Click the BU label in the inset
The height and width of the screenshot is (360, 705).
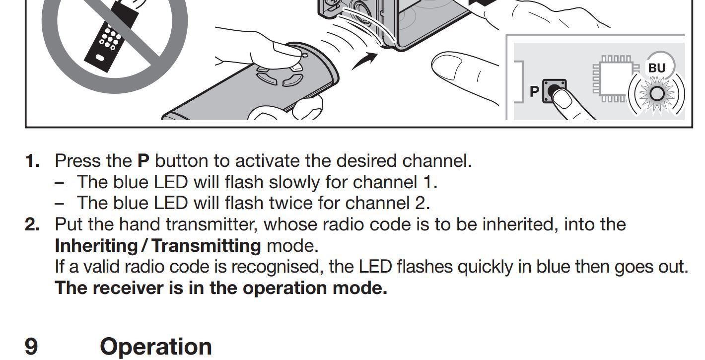click(x=657, y=68)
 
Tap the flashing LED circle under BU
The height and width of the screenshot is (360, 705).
click(x=657, y=94)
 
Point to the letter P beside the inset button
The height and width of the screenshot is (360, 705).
click(x=534, y=91)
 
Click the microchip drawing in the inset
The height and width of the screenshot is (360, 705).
click(x=616, y=78)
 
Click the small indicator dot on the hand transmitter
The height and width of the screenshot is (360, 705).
click(x=304, y=56)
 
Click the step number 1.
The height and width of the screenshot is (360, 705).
click(x=32, y=161)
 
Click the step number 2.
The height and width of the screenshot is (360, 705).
click(x=32, y=224)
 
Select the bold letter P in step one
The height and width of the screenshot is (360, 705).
click(x=143, y=161)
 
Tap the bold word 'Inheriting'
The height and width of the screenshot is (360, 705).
click(x=96, y=246)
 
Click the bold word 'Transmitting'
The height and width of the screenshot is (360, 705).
click(x=207, y=246)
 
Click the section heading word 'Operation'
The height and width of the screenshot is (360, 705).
click(x=156, y=347)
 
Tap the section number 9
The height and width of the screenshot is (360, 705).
click(x=31, y=347)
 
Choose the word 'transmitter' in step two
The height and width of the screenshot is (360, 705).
click(x=211, y=224)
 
